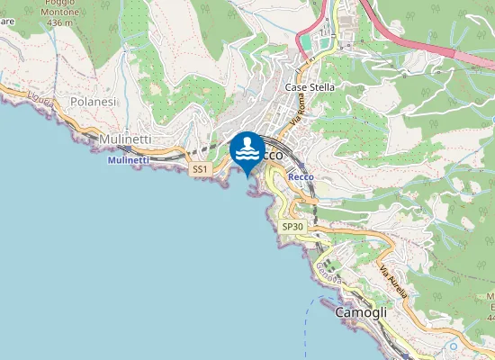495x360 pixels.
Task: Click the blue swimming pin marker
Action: point(247,150)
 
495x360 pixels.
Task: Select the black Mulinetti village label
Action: point(125,140)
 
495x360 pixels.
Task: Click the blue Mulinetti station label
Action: point(127,160)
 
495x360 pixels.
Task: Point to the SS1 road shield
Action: point(200,169)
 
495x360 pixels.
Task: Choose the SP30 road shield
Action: point(292,227)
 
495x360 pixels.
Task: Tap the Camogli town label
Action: point(360,312)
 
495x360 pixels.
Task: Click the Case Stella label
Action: point(309,87)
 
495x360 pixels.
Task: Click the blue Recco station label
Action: point(300,177)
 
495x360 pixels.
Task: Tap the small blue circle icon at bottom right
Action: point(454,346)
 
